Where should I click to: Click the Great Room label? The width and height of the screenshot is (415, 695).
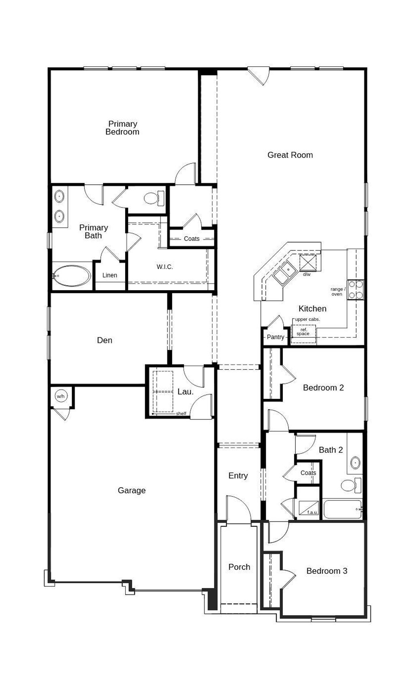tap(290, 155)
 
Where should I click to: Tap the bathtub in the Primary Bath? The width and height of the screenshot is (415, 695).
tap(72, 276)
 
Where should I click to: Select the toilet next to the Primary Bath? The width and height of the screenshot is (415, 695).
tap(153, 198)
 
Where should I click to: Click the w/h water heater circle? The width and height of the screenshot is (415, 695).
tap(60, 396)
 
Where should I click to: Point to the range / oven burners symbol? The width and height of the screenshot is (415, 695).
tap(355, 290)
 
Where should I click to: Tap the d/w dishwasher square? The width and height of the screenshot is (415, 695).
tap(308, 263)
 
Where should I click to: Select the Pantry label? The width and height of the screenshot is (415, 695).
tap(275, 337)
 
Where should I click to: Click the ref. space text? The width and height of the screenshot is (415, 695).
tap(303, 332)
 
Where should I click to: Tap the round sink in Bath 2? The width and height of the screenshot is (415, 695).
tap(355, 462)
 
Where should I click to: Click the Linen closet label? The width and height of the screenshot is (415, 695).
tap(109, 275)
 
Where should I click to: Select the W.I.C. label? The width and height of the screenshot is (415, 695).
tap(165, 267)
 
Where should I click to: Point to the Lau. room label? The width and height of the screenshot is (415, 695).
tap(185, 392)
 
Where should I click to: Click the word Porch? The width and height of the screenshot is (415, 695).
tap(239, 567)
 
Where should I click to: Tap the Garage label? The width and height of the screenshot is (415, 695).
tap(131, 490)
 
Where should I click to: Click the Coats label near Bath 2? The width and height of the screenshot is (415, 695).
tap(308, 473)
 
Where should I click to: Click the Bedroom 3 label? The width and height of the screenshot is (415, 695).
tap(327, 571)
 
